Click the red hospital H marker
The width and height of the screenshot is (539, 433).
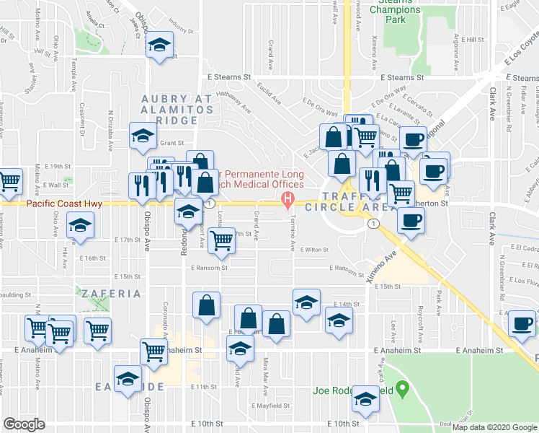pos(288,198)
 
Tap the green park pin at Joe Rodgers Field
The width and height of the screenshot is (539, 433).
pos(404,390)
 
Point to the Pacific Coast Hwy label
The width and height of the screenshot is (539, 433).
pos(64,204)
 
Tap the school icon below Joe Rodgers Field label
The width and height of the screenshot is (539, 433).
pos(365,401)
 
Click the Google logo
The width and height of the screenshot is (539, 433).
pos(24,424)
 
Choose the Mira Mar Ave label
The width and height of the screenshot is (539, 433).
pos(265,375)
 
